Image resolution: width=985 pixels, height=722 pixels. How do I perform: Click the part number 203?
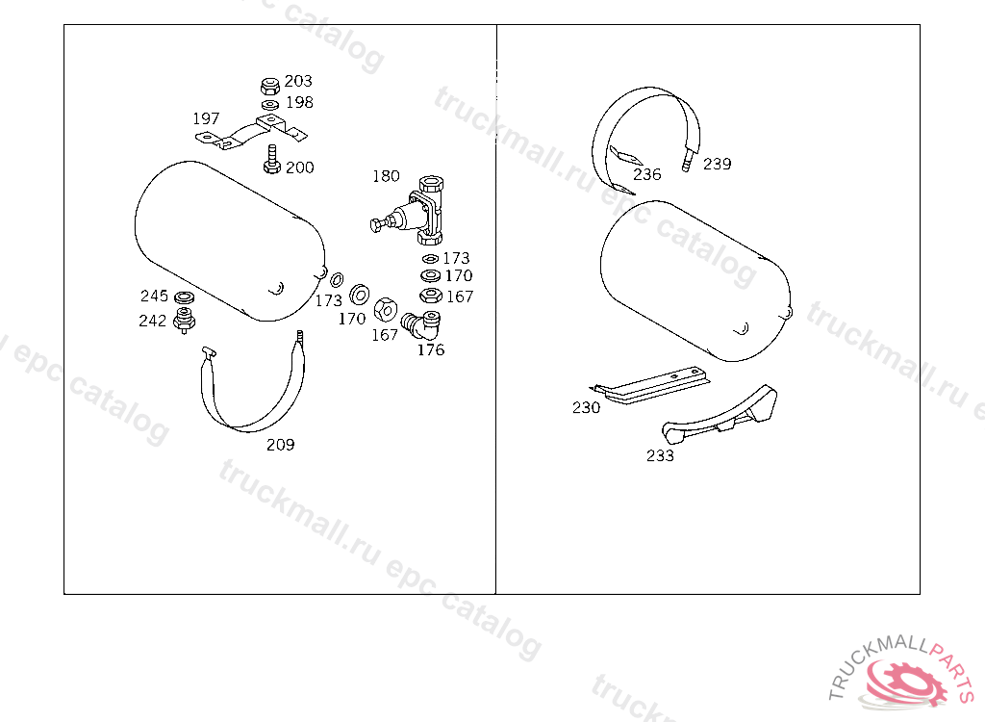(x=298, y=81)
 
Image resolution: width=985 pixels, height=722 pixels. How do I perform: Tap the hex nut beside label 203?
(x=270, y=86)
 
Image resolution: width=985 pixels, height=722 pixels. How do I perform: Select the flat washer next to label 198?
(x=270, y=104)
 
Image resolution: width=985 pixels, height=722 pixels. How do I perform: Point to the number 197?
(x=206, y=118)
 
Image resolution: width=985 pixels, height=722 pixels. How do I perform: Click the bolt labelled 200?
(x=271, y=159)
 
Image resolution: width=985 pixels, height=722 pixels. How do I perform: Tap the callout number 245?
(x=154, y=296)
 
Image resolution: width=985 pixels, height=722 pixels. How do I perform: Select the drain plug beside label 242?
(x=184, y=320)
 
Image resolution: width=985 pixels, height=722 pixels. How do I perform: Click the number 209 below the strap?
(x=280, y=445)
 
